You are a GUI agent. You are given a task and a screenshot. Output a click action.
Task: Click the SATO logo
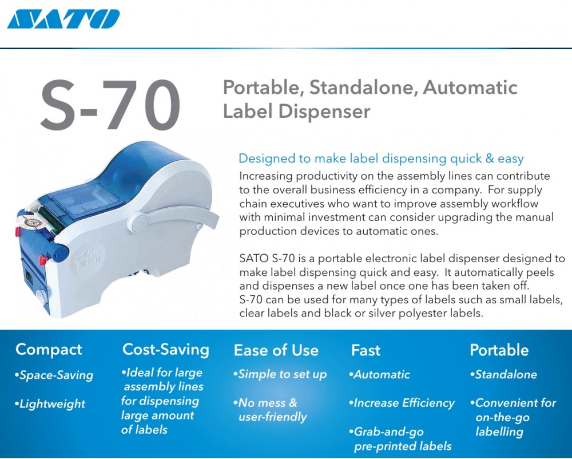63,19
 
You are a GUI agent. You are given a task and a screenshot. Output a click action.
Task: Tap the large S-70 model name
110,105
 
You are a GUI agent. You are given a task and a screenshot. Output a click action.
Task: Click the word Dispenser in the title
324,111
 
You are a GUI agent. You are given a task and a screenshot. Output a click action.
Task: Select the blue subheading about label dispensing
381,159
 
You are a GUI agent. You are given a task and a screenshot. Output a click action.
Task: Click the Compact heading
49,350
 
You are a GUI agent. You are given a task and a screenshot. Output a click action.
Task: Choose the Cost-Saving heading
166,349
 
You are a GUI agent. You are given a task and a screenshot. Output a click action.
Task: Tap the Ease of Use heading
276,350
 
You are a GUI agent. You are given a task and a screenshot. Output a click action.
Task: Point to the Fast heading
366,350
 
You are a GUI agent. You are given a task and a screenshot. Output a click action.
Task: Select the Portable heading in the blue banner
499,350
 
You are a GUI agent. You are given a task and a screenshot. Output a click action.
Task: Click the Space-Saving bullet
54,375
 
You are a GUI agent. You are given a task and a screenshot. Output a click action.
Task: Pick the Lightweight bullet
50,404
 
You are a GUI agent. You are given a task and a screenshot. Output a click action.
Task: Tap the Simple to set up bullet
280,374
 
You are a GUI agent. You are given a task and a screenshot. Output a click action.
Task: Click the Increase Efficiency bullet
402,403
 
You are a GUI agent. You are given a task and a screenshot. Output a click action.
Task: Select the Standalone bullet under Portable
503,374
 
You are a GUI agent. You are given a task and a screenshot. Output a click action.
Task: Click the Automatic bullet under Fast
379,374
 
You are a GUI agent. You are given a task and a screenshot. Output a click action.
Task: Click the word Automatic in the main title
470,88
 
